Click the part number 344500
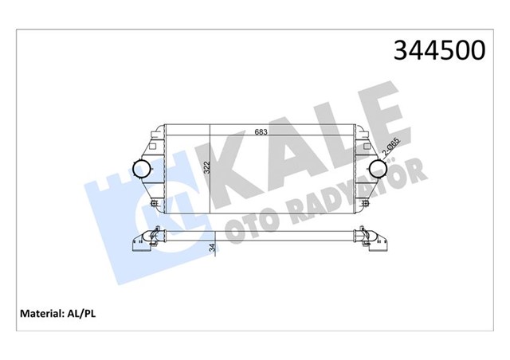[x=437, y=51]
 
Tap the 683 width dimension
[x=261, y=132]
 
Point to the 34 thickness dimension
[x=213, y=248]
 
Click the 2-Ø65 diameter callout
[x=390, y=148]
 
